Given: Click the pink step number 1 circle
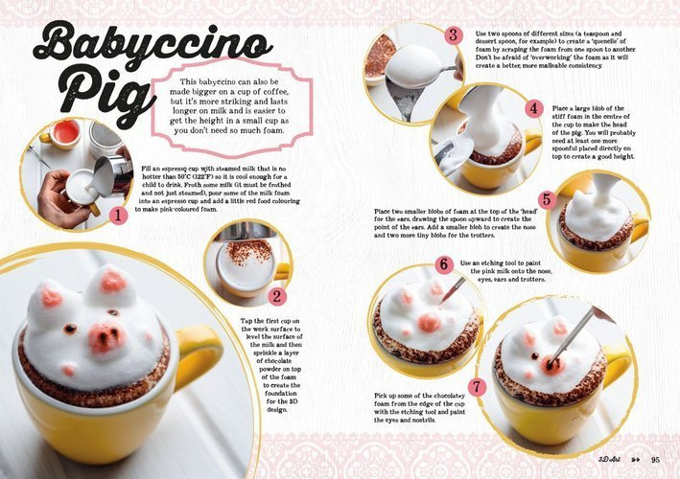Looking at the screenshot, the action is (118, 216).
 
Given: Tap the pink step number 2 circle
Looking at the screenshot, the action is (276, 296).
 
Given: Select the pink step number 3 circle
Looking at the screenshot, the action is (454, 34).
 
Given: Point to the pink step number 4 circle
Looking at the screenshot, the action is (534, 108).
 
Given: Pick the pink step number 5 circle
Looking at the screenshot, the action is (548, 199).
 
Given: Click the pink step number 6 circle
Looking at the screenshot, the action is (444, 263).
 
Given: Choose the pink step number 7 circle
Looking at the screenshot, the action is (477, 387).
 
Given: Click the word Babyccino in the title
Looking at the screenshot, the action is (152, 45).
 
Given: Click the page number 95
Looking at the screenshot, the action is (655, 460).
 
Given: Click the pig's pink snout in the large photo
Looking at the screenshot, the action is (106, 337).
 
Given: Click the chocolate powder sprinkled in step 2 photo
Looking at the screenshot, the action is (248, 251).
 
